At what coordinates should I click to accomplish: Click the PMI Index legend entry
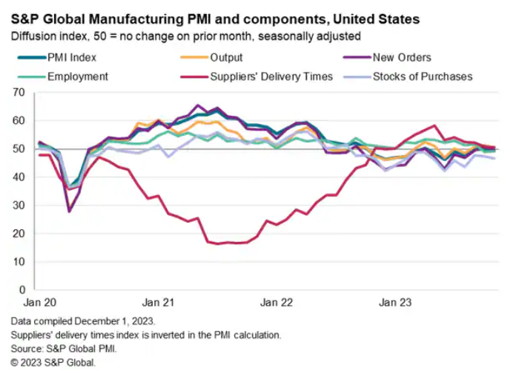(70, 57)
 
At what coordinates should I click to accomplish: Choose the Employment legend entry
(77, 76)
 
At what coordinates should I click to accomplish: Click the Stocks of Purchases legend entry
(423, 76)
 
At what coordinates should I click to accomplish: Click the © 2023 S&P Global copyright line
(53, 363)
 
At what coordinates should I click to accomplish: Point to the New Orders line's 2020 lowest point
(70, 211)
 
